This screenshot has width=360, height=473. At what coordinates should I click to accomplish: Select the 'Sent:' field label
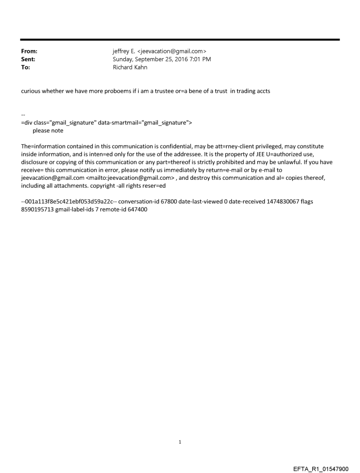pyautogui.click(x=28, y=59)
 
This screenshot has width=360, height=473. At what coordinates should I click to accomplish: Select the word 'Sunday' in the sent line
pyautogui.click(x=124, y=59)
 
